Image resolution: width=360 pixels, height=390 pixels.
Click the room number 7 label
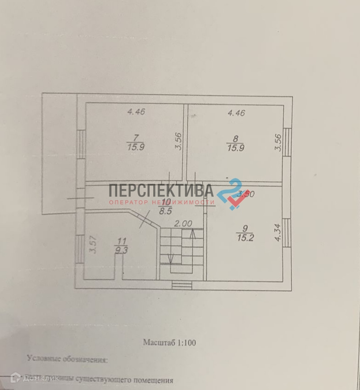pos(136,137)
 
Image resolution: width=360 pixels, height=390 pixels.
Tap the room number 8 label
pos(235,138)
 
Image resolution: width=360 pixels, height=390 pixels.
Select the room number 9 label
pos(245,228)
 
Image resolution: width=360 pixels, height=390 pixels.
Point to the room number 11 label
pos(122,240)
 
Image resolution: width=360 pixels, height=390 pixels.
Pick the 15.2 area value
pos(245,239)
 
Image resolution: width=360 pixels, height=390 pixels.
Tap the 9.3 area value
pos(122,252)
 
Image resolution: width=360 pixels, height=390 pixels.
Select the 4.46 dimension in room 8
pos(236,112)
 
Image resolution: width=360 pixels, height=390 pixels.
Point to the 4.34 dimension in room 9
pos(278,233)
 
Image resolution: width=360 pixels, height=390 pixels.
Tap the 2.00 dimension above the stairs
pos(183,223)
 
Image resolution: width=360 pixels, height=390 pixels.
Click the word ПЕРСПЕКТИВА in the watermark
pos(161,190)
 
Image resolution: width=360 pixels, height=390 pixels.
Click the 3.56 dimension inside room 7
pos(179,141)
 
